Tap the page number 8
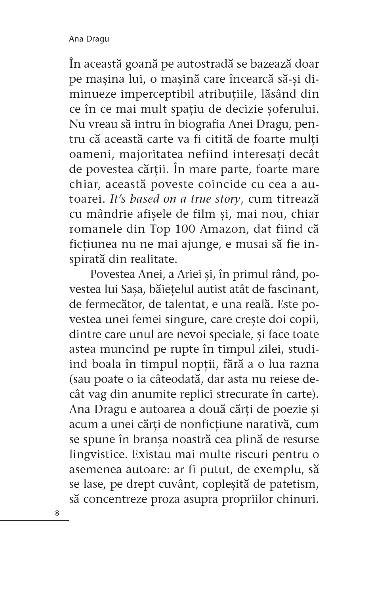click(x=57, y=514)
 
